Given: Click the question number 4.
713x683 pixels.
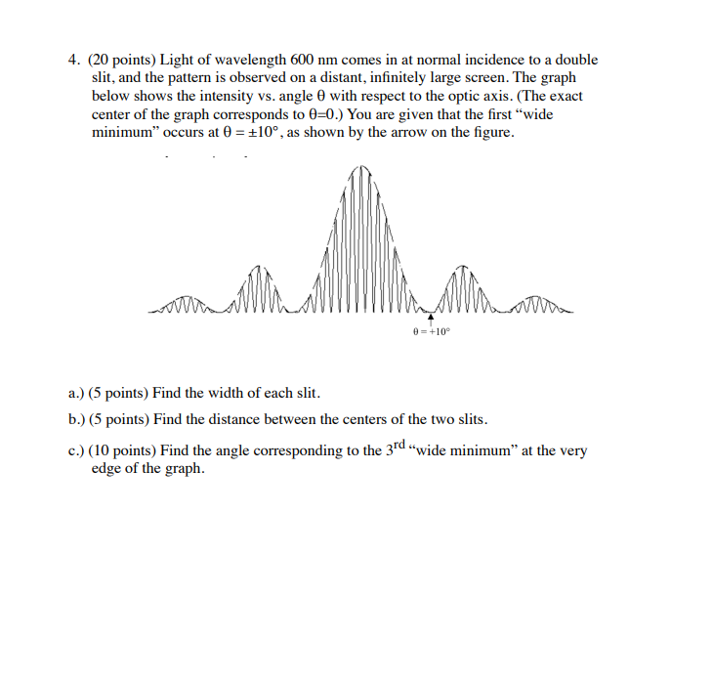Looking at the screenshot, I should pyautogui.click(x=73, y=61).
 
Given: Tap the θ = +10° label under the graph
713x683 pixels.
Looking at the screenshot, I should pyautogui.click(x=431, y=331).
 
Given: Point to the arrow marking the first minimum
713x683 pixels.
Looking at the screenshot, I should pyautogui.click(x=430, y=319).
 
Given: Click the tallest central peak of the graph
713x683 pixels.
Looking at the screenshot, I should pyautogui.click(x=361, y=176).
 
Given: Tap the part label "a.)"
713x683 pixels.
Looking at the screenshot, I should pyautogui.click(x=76, y=394).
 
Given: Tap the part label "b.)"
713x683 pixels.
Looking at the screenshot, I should pyautogui.click(x=76, y=420).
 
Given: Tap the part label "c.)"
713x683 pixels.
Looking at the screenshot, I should pyautogui.click(x=76, y=450).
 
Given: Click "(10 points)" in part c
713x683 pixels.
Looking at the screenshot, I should pyautogui.click(x=122, y=450).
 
